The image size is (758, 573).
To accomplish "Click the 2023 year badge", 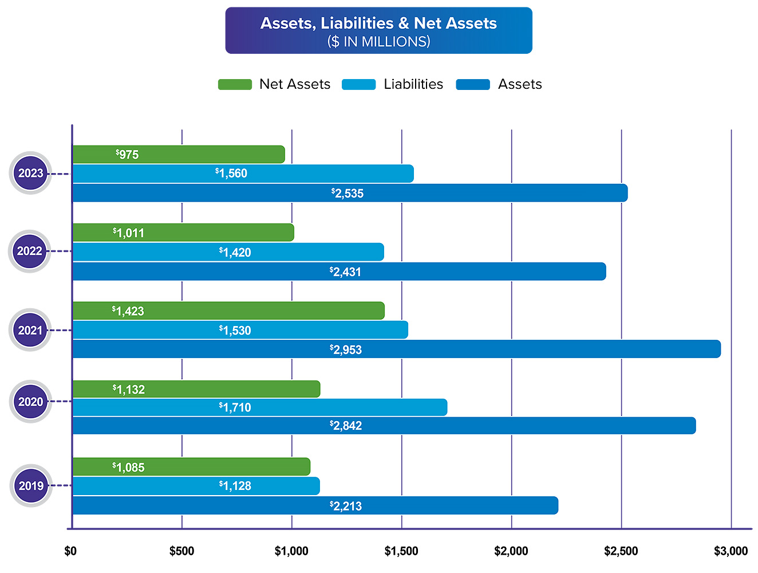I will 30,173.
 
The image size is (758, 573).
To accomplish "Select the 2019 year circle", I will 31,486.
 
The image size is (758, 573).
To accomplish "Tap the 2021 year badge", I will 30,330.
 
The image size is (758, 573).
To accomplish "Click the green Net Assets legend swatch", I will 235,85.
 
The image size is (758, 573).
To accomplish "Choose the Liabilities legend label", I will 413,84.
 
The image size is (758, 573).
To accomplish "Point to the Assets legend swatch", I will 473,85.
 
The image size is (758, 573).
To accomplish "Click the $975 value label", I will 127,155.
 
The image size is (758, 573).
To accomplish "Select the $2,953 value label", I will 346,350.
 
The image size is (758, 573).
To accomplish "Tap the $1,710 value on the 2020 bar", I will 235,407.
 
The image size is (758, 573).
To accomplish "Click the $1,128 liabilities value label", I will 235,486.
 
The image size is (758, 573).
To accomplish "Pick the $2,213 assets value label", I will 346,506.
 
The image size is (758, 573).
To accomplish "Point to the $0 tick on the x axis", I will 70,551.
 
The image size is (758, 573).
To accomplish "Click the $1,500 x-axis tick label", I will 401,551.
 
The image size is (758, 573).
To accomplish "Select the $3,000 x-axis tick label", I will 731,551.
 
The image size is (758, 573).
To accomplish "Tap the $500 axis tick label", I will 181,551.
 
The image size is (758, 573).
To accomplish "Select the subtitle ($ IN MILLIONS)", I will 378,42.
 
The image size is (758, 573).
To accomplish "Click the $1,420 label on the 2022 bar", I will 235,252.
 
